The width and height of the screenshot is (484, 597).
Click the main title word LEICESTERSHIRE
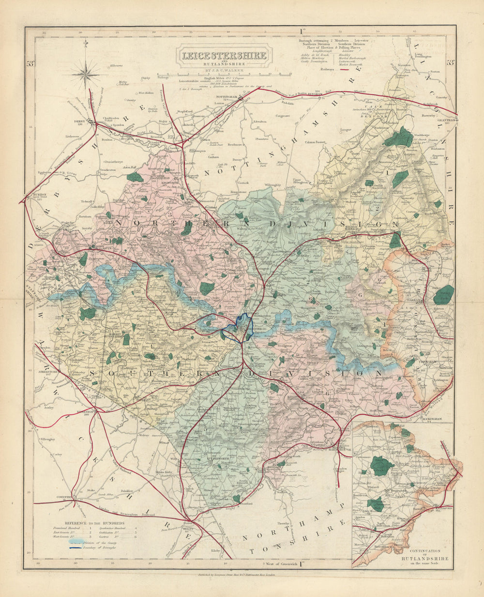[x=224, y=55]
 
